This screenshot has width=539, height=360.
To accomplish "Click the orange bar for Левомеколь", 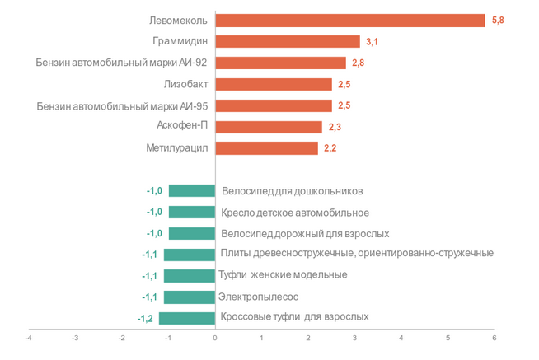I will pos(349,21).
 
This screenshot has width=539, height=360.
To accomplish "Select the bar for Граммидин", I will pos(287,41).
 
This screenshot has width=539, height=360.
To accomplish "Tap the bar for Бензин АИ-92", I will pos(280,63).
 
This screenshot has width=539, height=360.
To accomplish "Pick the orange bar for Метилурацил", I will pos(266,148).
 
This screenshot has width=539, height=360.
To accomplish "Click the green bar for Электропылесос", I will pos(190,297).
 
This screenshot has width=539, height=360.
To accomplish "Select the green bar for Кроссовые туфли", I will pos(187,318).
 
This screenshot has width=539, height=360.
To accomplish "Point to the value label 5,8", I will pos(497,21).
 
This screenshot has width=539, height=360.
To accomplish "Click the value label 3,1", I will pos(371,41).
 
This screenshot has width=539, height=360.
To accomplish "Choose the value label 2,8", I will pos(358,63).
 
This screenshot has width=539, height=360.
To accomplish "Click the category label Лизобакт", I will pos(185,84).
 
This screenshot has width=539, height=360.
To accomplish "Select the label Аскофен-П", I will pos(181,127).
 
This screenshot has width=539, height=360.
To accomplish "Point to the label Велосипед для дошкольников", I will pos(292,191).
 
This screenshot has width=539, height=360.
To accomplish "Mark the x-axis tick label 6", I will pos(494,338).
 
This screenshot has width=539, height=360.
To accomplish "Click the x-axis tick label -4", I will pos(28,338).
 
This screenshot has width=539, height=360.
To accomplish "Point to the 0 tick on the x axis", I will pos(215,338).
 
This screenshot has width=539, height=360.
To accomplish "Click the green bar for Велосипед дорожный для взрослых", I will pos(192,233).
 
